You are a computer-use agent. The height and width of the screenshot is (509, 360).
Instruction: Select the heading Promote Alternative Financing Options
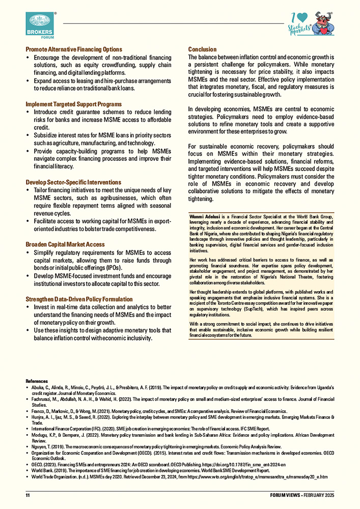coord(74,49)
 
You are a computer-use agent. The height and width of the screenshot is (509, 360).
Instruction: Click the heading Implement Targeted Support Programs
coord(73,104)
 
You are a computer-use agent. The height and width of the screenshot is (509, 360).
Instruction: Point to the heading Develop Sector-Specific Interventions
coord(73,182)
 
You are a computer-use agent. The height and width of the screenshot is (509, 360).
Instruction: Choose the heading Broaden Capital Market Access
coord(65,244)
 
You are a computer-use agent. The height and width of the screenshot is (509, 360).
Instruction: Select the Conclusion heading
coord(202,49)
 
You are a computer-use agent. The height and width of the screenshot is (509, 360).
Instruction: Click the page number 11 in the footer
coord(28,495)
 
